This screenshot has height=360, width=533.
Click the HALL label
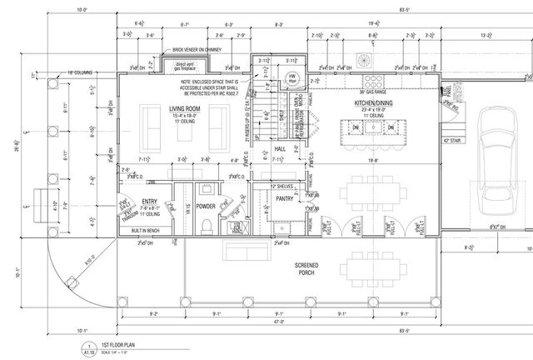281,148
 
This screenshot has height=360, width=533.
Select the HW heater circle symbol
291,77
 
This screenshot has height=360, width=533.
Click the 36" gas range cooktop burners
364,60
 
